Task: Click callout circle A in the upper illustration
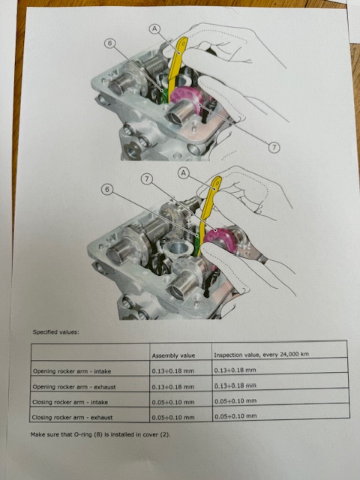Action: pos(155,29)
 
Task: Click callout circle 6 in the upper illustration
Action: pos(109,43)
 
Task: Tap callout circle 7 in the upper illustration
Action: pos(274,148)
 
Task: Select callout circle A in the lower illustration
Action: pos(183,173)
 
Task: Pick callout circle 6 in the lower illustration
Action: pos(106,189)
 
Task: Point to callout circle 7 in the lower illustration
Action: pos(147,179)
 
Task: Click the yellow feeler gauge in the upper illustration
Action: pos(176,68)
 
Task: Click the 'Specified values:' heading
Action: pos(55,331)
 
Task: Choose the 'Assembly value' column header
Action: pos(173,355)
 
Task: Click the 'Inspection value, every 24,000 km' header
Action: pos(262,355)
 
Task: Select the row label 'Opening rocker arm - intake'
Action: pos(72,371)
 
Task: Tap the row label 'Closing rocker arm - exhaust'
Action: pos(72,417)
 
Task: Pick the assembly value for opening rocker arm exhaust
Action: pos(173,387)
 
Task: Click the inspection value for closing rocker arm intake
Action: pos(235,400)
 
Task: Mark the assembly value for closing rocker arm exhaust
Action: pos(173,417)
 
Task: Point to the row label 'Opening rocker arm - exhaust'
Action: pos(74,387)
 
